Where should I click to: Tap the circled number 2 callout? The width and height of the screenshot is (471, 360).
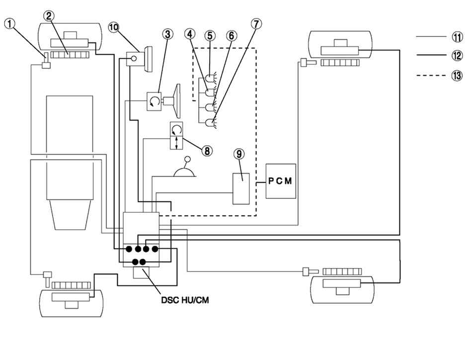tap(49, 16)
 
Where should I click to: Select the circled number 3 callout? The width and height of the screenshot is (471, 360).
tap(167, 34)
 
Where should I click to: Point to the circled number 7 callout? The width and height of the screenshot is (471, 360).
tap(256, 24)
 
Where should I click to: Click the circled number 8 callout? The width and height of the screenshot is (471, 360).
tap(207, 151)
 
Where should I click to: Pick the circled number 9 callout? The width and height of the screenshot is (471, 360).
tap(239, 154)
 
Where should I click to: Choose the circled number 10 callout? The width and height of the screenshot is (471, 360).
tap(114, 27)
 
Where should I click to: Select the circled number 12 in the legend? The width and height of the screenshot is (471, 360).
tap(457, 56)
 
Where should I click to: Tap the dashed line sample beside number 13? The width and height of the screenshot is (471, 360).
tap(431, 75)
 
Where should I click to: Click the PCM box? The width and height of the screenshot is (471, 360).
tap(281, 181)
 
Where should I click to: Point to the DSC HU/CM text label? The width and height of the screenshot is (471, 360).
tap(185, 300)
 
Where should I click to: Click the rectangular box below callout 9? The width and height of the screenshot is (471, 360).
tap(241, 188)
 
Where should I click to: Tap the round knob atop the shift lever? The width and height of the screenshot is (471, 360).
tap(188, 159)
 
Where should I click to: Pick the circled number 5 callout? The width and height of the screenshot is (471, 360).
tap(210, 35)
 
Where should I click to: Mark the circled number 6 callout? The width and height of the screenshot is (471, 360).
tap(232, 35)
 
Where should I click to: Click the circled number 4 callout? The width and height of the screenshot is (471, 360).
tap(189, 34)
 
